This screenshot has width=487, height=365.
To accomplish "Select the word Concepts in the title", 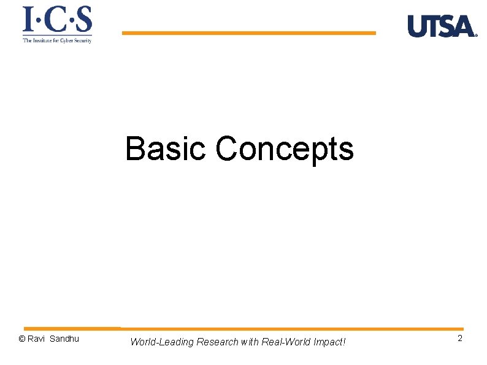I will click(285, 150).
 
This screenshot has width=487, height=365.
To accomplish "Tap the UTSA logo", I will click(442, 26).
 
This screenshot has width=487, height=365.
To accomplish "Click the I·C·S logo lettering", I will click(58, 20).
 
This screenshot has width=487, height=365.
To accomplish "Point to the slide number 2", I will click(460, 339).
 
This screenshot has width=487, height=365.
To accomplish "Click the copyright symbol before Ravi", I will click(22, 339).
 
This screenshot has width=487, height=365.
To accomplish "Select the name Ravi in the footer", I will click(36, 339).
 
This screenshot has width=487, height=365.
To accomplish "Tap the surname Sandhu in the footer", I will click(64, 339).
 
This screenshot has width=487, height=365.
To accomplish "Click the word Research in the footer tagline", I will click(218, 342).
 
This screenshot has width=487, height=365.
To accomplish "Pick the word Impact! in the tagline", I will click(329, 342).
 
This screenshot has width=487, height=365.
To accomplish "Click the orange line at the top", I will click(248, 33).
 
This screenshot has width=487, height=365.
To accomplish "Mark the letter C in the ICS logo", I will click(56, 20).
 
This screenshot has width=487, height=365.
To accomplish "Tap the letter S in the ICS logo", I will click(83, 20).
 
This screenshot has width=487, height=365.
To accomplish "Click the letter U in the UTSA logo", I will click(416, 26).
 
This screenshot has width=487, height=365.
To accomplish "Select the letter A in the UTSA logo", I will click(464, 26).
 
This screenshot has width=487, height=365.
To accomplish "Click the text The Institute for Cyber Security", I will click(57, 40).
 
